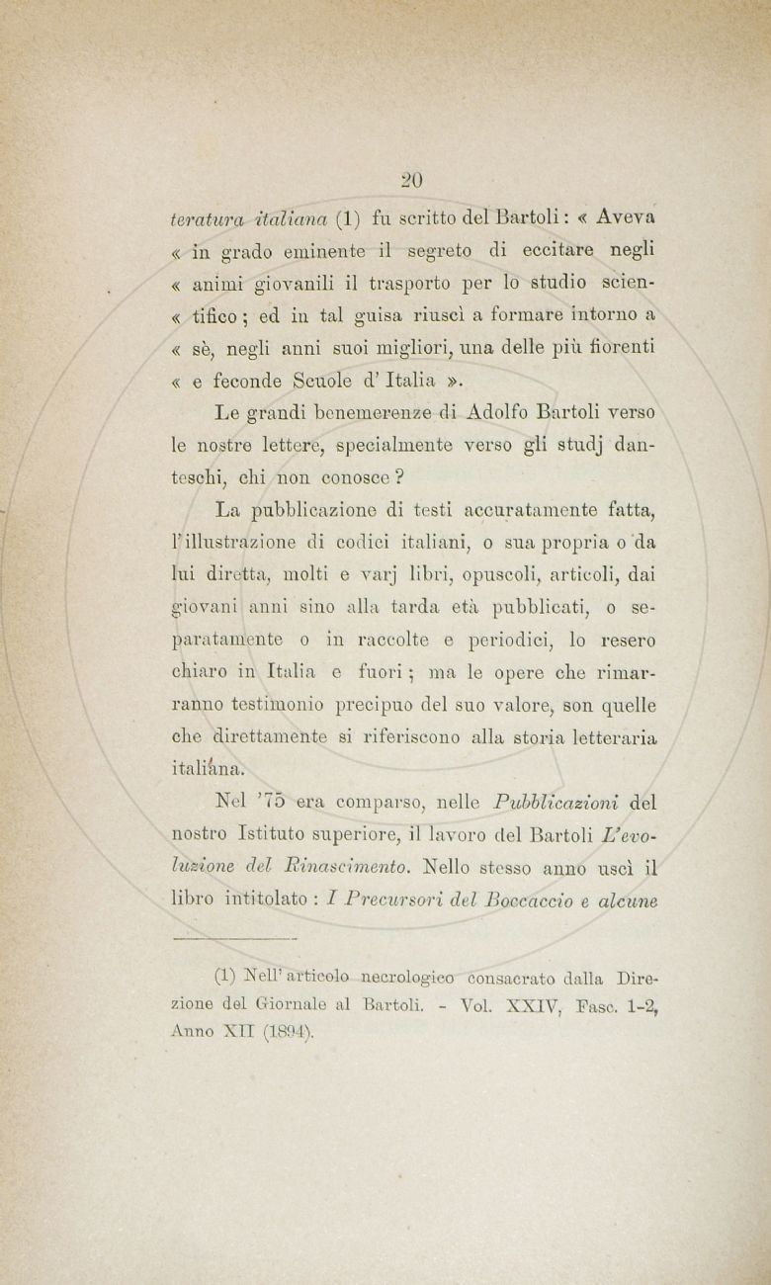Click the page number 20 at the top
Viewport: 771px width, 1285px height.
tap(412, 180)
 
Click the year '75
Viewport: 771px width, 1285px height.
tap(286, 803)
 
